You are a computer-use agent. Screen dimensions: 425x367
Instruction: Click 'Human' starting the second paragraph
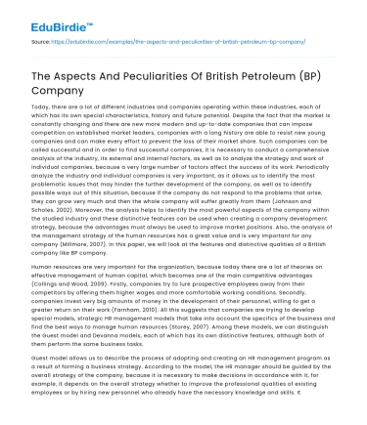pyautogui.click(x=45, y=265)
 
